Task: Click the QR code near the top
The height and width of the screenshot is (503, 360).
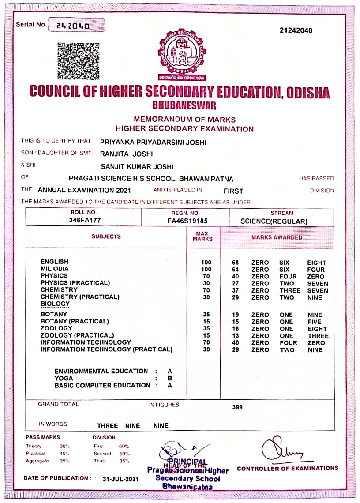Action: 79,60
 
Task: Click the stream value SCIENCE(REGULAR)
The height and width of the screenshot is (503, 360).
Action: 274,221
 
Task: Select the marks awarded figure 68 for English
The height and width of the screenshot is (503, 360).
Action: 236,263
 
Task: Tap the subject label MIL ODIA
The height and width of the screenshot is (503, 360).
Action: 55,269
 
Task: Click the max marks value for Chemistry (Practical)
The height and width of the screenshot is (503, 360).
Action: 206,297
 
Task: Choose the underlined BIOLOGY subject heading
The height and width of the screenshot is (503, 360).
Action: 55,304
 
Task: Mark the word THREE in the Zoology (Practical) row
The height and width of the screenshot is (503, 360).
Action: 318,336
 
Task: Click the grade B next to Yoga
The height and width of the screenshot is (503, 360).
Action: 170,378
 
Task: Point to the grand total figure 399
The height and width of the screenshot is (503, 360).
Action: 237,407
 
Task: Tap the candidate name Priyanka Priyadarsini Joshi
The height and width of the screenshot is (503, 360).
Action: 153,142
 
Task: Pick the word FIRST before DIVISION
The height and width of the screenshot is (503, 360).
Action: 233,191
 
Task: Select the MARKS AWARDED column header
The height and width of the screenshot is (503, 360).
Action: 277,237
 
